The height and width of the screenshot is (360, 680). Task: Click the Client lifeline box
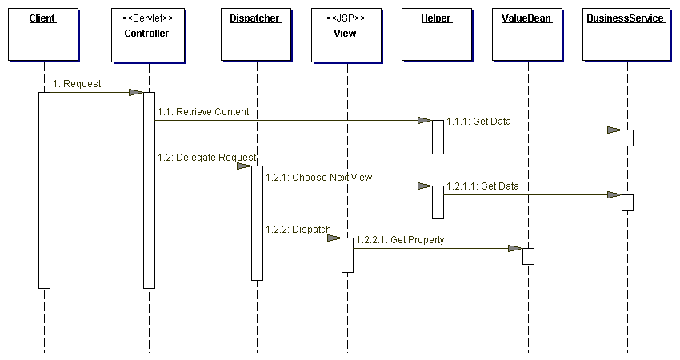[42, 34]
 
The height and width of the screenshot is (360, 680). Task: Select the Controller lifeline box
[147, 34]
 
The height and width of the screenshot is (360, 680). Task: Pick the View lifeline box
[346, 34]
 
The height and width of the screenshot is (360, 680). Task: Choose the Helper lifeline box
[436, 34]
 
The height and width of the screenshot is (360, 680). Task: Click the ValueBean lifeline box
[526, 34]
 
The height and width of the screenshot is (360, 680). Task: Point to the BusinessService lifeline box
[626, 34]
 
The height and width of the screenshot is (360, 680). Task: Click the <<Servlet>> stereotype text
[147, 18]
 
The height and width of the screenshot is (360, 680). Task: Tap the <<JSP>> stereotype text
[346, 18]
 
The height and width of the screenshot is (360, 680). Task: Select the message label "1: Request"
[77, 84]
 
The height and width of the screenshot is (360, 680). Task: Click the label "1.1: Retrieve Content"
[203, 112]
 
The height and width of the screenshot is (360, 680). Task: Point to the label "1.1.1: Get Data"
[478, 122]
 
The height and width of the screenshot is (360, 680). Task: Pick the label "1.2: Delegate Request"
[206, 158]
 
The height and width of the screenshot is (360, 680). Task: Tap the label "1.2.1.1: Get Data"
[482, 186]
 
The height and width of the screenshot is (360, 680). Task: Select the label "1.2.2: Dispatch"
[298, 230]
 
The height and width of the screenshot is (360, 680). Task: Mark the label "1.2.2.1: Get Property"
[400, 240]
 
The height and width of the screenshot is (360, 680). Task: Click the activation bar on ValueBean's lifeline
[528, 256]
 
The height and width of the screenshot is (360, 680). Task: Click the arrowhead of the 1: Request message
[136, 93]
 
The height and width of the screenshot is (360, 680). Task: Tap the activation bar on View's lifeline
[347, 254]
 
